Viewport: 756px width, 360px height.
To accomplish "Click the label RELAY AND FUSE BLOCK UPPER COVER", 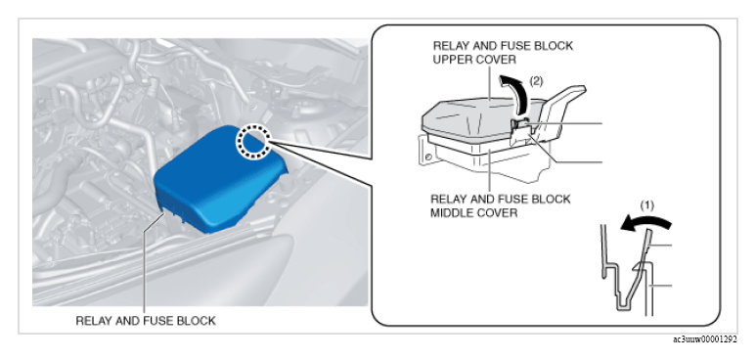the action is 503,53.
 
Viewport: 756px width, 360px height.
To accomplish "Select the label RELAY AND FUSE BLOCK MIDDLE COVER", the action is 500,205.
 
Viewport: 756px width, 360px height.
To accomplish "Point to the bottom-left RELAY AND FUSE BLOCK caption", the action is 146,321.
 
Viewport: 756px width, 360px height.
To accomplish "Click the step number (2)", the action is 536,81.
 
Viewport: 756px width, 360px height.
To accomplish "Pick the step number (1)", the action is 646,205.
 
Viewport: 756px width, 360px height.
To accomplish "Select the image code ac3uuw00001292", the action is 705,339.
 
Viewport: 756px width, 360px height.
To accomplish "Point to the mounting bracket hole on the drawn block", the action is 427,157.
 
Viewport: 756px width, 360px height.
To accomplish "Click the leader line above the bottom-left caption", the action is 144,264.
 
